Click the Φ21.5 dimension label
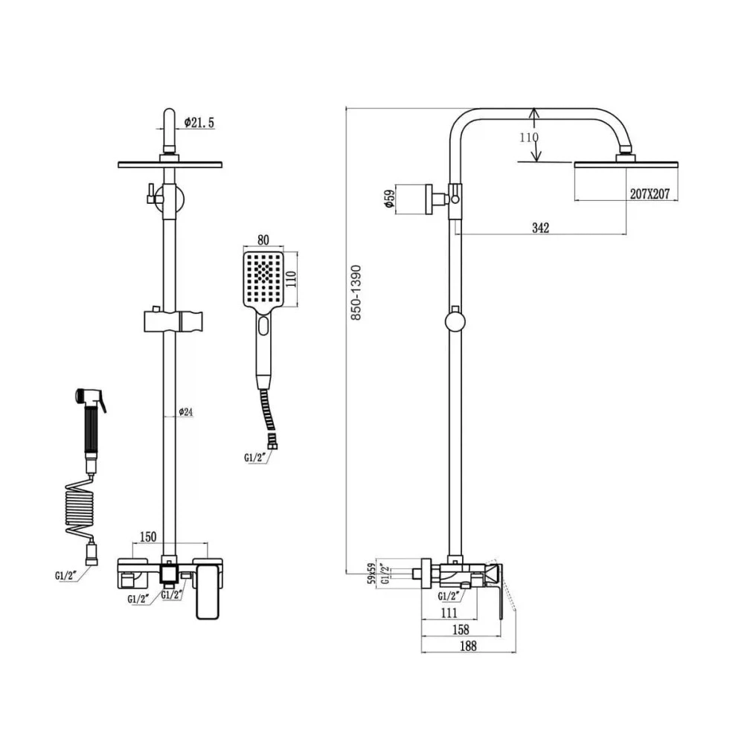point(199,123)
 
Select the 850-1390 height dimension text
point(356,292)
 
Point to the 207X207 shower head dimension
point(650,193)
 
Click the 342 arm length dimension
point(540,228)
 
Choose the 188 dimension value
point(467,647)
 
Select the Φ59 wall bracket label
point(388,199)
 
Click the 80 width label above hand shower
point(263,240)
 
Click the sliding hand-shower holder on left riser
point(170,321)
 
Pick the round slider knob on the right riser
point(454,322)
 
